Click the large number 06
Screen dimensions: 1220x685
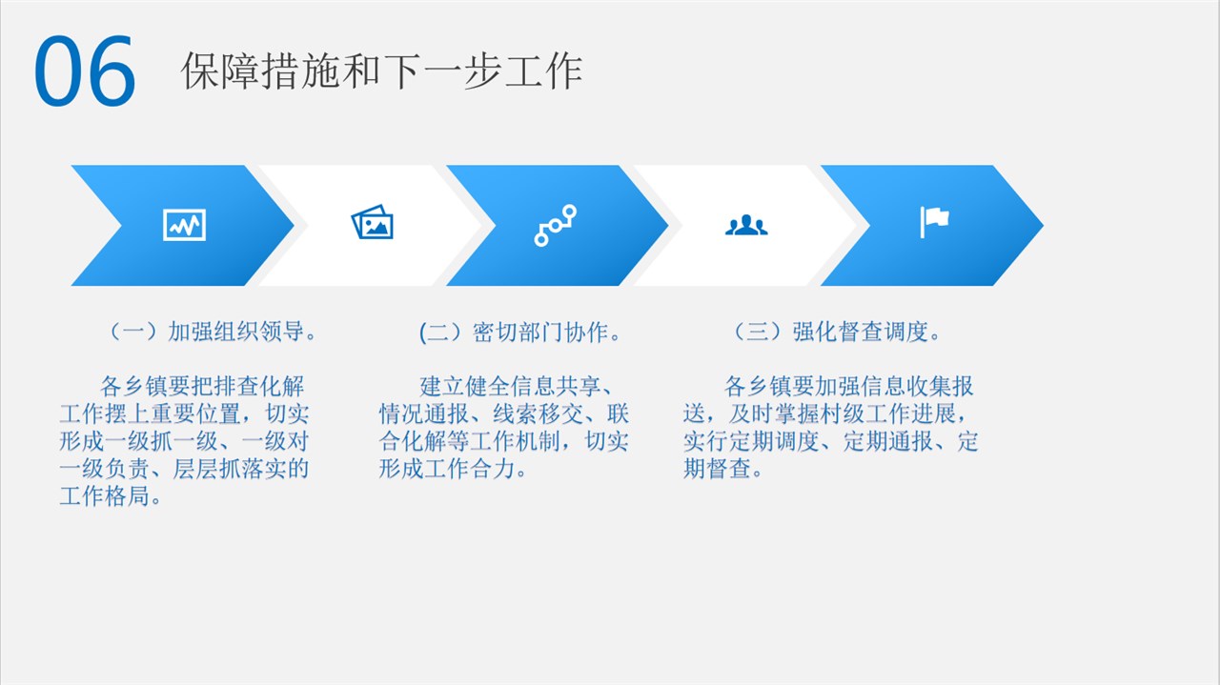click(x=85, y=71)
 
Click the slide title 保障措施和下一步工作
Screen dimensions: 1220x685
click(x=382, y=71)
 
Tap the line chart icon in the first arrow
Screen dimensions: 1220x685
click(x=185, y=224)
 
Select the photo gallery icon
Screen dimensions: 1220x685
click(x=373, y=222)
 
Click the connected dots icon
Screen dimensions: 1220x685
click(x=555, y=226)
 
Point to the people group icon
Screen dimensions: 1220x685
click(x=746, y=225)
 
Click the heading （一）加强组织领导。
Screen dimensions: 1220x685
click(x=213, y=332)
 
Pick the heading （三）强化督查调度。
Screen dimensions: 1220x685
click(x=837, y=332)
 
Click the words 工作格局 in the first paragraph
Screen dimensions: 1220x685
click(x=105, y=496)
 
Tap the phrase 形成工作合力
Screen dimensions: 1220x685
click(x=447, y=469)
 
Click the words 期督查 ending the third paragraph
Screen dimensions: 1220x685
click(x=718, y=469)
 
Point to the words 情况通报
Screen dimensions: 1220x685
click(x=424, y=413)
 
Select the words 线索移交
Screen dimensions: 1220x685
click(x=539, y=413)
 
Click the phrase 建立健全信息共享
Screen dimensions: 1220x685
click(x=510, y=387)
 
